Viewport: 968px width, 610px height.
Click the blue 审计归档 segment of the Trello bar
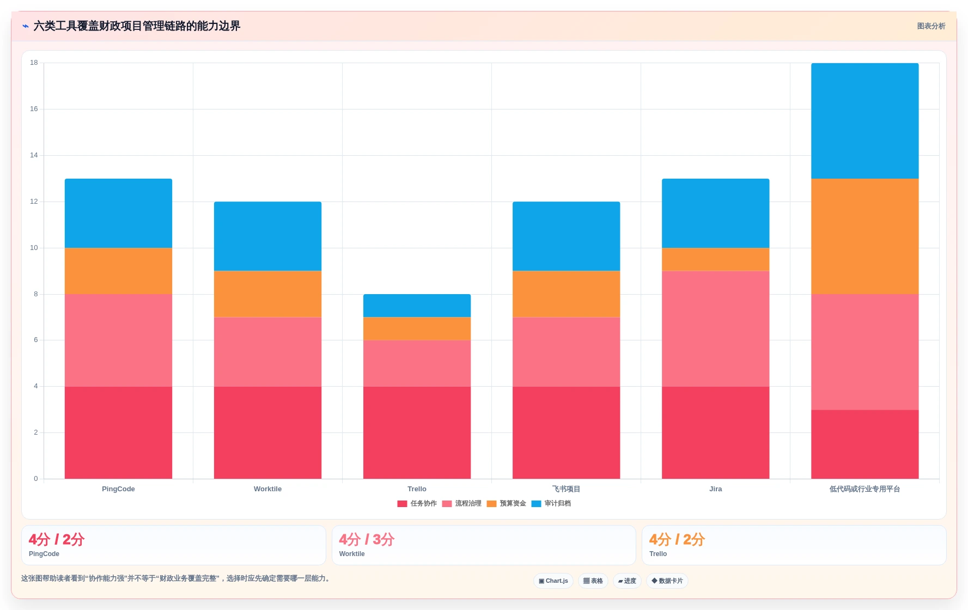pyautogui.click(x=417, y=306)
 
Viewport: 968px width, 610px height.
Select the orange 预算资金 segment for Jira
pyautogui.click(x=715, y=259)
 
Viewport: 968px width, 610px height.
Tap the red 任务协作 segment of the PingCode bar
pyautogui.click(x=118, y=432)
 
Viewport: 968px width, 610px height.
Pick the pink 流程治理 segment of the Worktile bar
pyautogui.click(x=267, y=352)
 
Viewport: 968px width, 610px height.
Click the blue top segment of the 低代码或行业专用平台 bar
pyautogui.click(x=864, y=121)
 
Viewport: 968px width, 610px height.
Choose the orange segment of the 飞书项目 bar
pyautogui.click(x=566, y=294)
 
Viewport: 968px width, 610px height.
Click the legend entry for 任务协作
pyautogui.click(x=417, y=504)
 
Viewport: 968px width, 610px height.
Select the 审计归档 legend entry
pyautogui.click(x=551, y=504)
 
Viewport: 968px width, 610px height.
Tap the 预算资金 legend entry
pyautogui.click(x=507, y=504)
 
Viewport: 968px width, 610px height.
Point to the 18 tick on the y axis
pyautogui.click(x=34, y=63)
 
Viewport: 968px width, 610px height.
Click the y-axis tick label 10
pyautogui.click(x=34, y=248)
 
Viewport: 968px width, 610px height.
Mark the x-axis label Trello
pyautogui.click(x=417, y=489)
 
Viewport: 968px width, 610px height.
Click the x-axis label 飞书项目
pyautogui.click(x=566, y=489)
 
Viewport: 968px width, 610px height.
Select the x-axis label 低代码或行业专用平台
pyautogui.click(x=864, y=489)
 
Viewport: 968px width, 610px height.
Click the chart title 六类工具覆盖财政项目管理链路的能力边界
pyautogui.click(x=137, y=26)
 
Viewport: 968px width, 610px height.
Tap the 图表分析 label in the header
pyautogui.click(x=931, y=26)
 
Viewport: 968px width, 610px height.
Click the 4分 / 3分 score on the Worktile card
pyautogui.click(x=367, y=540)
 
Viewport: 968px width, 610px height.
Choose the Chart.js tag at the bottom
pyautogui.click(x=553, y=581)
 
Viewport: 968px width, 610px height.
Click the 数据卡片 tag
pyautogui.click(x=667, y=581)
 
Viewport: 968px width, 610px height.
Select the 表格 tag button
pyautogui.click(x=593, y=581)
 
